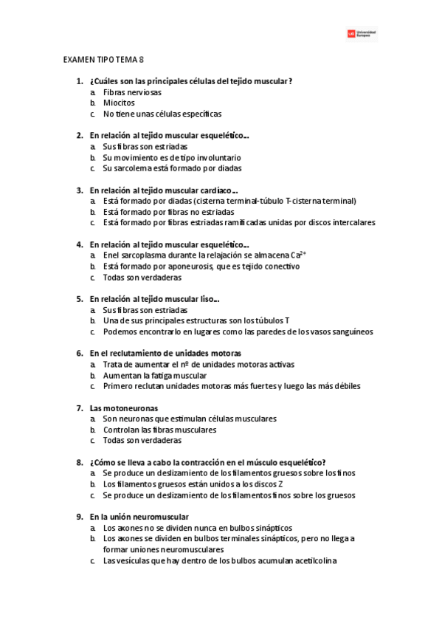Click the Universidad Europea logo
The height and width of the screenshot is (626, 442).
point(361,34)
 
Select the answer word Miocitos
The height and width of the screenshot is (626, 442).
point(119,103)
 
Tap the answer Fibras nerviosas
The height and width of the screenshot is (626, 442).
point(132,92)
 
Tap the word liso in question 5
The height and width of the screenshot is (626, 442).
point(207,299)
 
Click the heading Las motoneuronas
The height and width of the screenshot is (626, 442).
point(123,408)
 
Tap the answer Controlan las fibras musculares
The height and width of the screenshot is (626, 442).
point(159,430)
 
